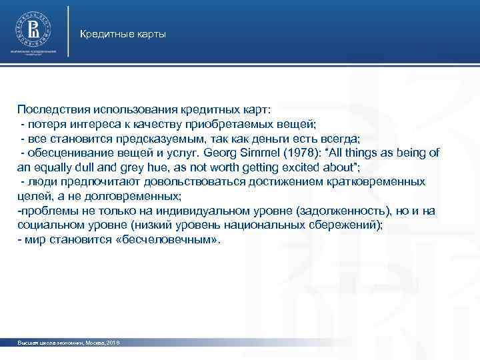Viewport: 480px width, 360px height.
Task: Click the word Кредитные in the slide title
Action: (x=104, y=33)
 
